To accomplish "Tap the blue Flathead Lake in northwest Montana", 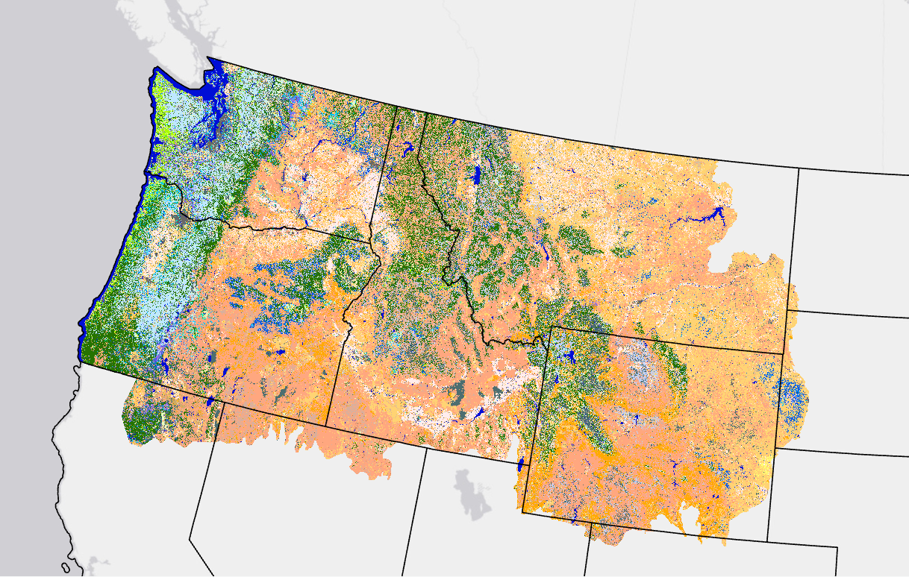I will pyautogui.click(x=476, y=176).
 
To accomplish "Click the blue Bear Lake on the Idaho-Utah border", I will pyautogui.click(x=519, y=467).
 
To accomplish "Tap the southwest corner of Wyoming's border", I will pyautogui.click(x=522, y=511).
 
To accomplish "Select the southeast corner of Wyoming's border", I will pyautogui.click(x=768, y=541).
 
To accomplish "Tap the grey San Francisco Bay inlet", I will pyautogui.click(x=93, y=561).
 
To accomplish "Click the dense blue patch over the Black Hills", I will pyautogui.click(x=793, y=398).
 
